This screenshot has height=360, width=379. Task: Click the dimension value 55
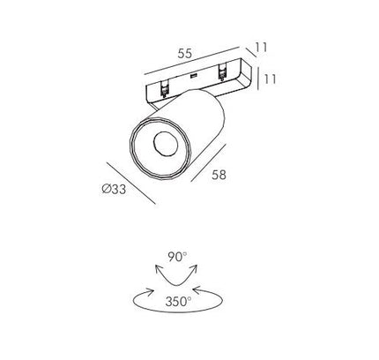(x=185, y=53)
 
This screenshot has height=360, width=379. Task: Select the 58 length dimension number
(x=219, y=175)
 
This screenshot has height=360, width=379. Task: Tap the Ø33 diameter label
(x=114, y=189)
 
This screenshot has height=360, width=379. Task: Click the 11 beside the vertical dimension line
(x=270, y=79)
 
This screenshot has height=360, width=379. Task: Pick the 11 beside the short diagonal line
(x=261, y=47)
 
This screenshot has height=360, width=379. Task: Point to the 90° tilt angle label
(x=177, y=257)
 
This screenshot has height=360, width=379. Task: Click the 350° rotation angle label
(x=178, y=302)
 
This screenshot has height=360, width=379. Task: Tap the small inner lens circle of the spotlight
(x=166, y=144)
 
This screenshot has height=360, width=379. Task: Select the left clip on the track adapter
(x=164, y=88)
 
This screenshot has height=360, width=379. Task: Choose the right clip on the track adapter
(x=221, y=72)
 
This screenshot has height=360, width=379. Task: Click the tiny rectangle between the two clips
(x=193, y=76)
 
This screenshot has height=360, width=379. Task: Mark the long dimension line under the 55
(x=192, y=61)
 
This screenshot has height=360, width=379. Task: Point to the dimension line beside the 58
(x=209, y=162)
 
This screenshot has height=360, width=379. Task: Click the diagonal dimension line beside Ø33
(x=130, y=183)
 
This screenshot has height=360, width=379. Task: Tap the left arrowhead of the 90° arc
(x=159, y=268)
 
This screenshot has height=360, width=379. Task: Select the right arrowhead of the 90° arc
(x=194, y=268)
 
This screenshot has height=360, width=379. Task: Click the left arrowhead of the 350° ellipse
(x=150, y=291)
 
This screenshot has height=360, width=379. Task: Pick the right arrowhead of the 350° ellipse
(x=197, y=290)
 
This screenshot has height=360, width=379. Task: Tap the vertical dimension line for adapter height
(x=258, y=79)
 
